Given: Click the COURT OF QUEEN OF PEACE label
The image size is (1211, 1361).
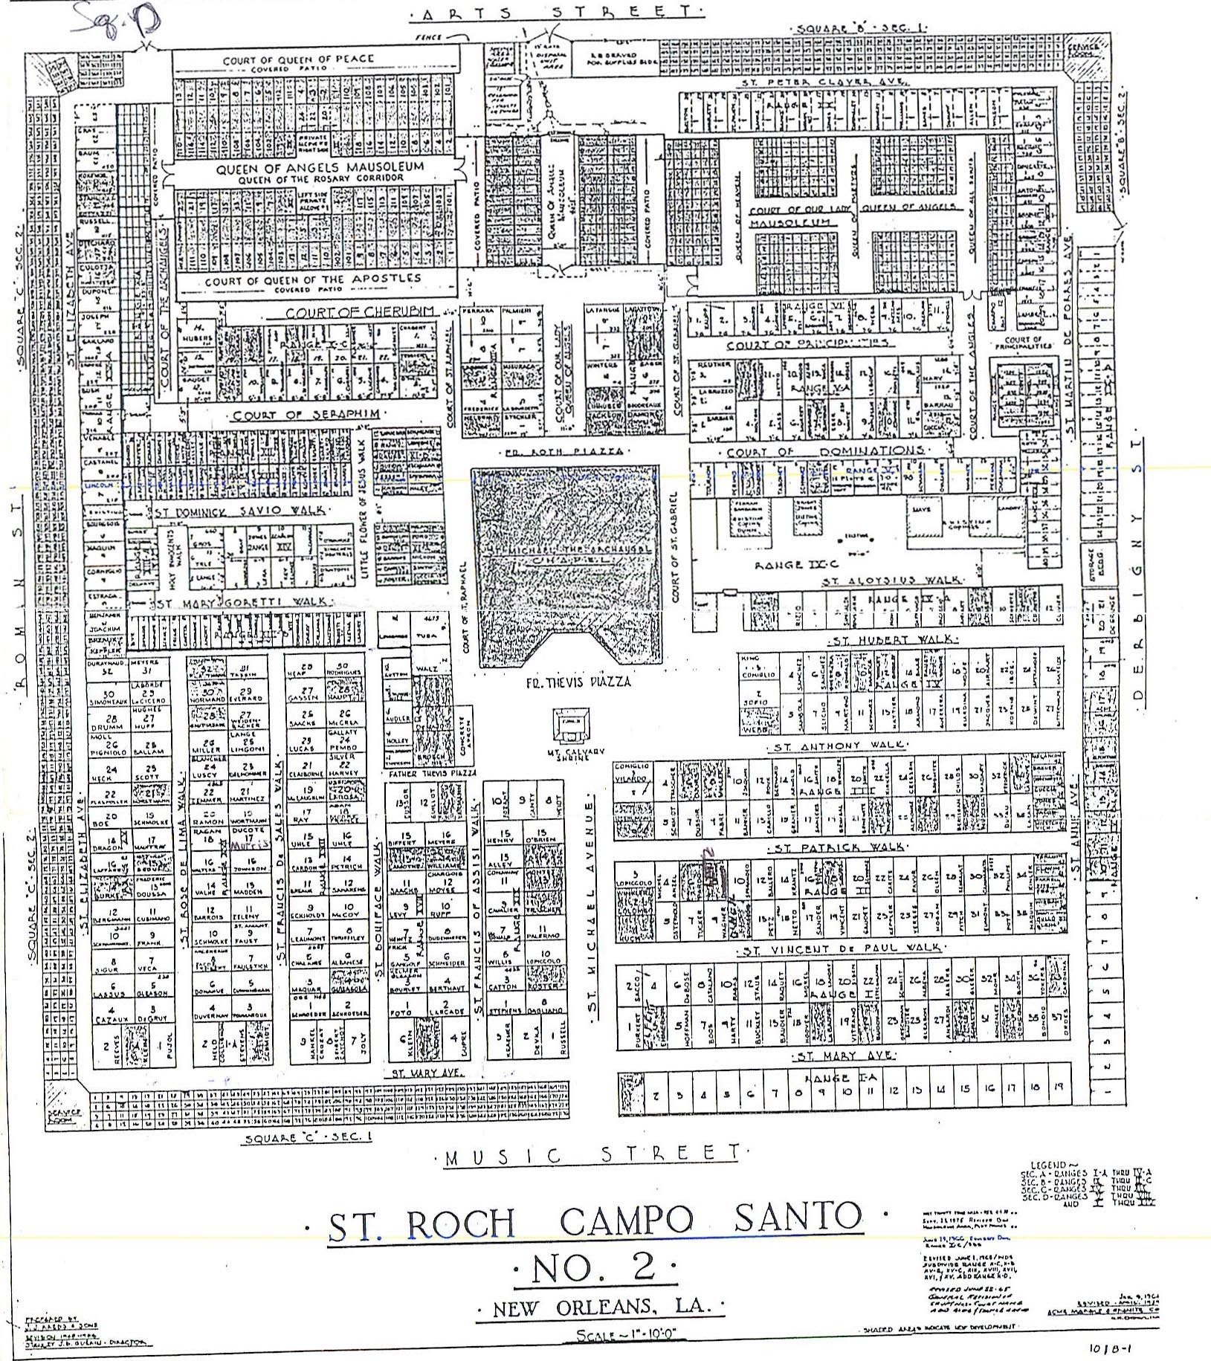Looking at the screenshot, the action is point(299,59).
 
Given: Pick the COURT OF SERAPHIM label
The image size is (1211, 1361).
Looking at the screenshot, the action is point(306,415).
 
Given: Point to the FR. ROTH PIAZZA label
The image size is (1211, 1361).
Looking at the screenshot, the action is point(562,451).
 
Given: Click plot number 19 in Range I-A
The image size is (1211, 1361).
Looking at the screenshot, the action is point(1057,1087).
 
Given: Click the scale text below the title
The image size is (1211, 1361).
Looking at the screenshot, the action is point(606,1336).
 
